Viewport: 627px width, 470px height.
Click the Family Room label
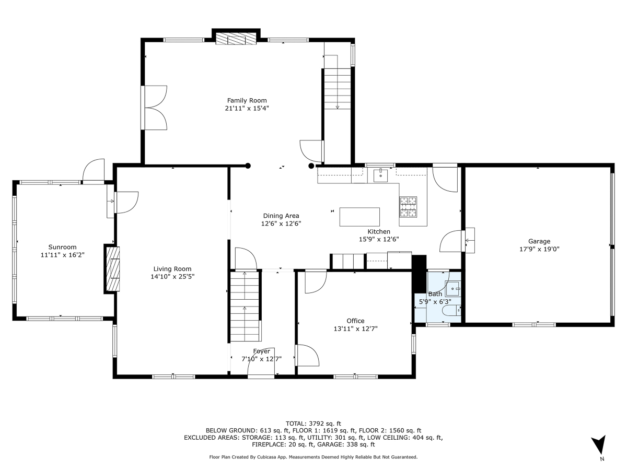pyautogui.click(x=247, y=100)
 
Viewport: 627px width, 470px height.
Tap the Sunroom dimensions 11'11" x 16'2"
pyautogui.click(x=63, y=255)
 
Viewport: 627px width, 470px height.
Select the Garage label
pyautogui.click(x=539, y=241)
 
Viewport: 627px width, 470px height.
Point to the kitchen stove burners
pyautogui.click(x=408, y=207)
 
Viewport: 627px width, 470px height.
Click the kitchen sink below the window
pyautogui.click(x=380, y=175)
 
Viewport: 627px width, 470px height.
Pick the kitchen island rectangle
pyautogui.click(x=359, y=217)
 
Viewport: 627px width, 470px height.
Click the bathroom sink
pyautogui.click(x=452, y=289)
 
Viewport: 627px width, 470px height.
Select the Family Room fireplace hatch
pyautogui.click(x=236, y=39)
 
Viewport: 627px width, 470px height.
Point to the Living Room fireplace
pyautogui.click(x=113, y=269)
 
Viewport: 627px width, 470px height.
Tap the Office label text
pyautogui.click(x=355, y=321)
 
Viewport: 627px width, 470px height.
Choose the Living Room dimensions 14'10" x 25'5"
pyautogui.click(x=172, y=277)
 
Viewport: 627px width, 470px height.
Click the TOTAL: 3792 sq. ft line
pyautogui.click(x=313, y=424)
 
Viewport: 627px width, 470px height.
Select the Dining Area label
pyautogui.click(x=281, y=216)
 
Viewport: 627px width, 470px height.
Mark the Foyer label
pyautogui.click(x=261, y=351)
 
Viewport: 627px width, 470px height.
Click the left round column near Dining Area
pyautogui.click(x=248, y=166)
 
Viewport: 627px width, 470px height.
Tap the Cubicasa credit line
pyautogui.click(x=313, y=457)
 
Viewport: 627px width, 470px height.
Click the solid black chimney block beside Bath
pyautogui.click(x=419, y=274)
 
